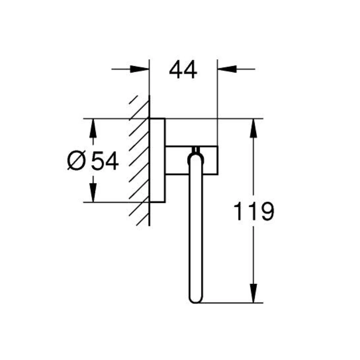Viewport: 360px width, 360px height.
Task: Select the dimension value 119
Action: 254,211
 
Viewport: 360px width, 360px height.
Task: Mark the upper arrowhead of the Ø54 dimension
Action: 93,128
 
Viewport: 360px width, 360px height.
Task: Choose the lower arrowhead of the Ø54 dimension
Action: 93,193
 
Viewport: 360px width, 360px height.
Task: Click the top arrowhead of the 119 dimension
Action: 253,129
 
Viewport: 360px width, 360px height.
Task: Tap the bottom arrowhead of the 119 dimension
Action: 253,293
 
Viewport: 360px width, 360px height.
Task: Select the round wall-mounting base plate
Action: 157,160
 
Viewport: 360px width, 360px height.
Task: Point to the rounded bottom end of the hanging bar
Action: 195,298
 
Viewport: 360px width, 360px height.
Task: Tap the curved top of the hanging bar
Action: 195,157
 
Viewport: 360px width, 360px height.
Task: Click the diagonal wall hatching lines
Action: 139,162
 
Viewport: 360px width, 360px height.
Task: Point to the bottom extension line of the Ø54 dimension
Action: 117,202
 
